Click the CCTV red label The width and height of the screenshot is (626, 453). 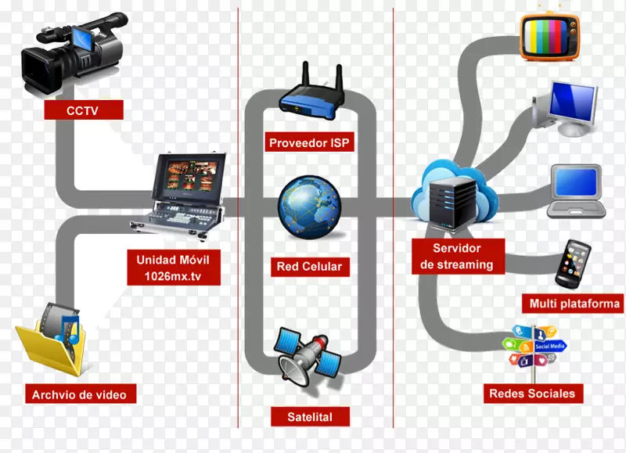[x=84, y=110]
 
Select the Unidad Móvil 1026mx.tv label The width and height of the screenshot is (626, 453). [x=173, y=268]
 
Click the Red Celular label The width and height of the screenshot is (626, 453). [x=309, y=266]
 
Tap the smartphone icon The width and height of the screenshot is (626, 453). [x=572, y=264]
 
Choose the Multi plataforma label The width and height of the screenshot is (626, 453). [x=574, y=304]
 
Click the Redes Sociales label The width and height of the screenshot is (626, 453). [x=531, y=393]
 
